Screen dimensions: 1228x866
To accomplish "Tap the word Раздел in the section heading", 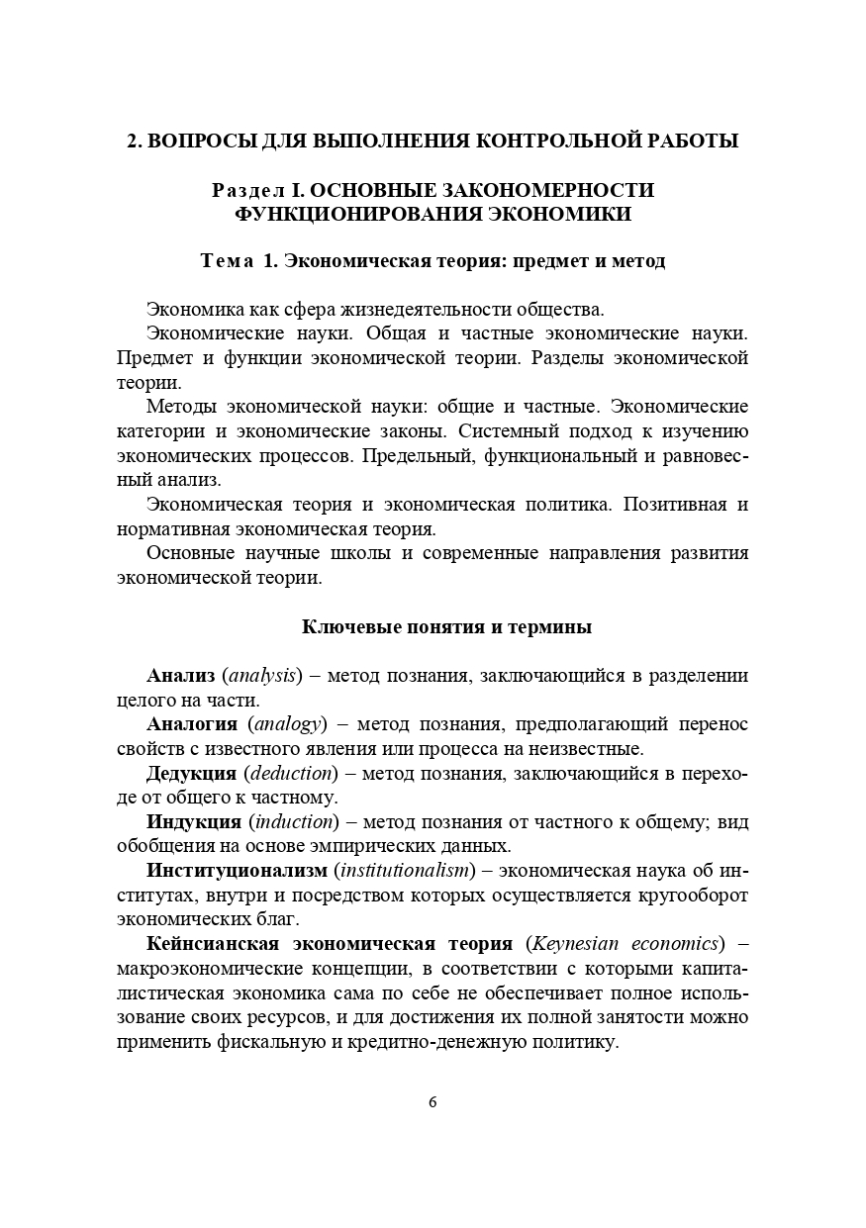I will [246, 189].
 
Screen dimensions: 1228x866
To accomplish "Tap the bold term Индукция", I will [194, 821].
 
